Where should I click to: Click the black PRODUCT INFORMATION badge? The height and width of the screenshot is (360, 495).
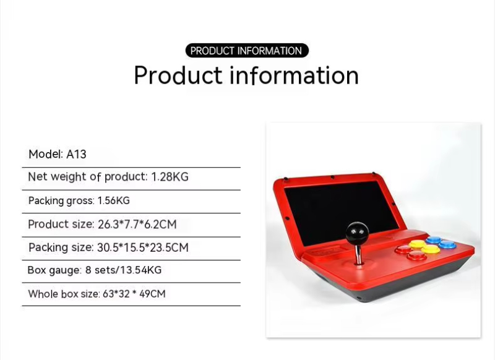247,51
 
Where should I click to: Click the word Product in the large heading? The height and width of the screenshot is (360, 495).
178,75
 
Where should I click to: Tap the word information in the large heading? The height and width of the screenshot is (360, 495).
295,75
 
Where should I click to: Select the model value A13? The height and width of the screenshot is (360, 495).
76,154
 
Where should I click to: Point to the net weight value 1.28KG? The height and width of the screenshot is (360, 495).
170,177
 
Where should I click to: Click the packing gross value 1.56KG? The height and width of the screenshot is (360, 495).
114,200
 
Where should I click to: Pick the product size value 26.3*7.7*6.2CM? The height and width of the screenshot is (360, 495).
137,225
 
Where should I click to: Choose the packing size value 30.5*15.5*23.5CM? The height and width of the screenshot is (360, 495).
143,247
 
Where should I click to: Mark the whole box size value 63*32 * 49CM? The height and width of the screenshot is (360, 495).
134,294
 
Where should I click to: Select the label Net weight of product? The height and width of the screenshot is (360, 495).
87,177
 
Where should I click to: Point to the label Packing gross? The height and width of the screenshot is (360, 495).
61,201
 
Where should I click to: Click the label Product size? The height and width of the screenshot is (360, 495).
61,225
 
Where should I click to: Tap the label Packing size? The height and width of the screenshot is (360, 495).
60,247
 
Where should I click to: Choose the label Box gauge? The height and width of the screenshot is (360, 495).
54,270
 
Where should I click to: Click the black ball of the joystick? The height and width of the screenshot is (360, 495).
357,233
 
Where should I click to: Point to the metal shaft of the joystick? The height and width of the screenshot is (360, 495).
358,255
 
